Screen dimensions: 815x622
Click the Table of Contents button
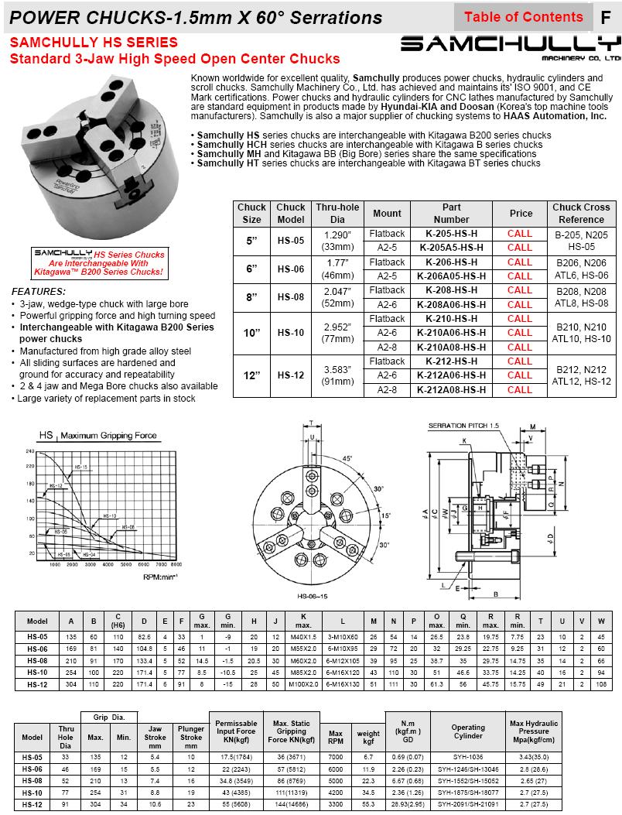523,17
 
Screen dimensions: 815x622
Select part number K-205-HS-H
451,233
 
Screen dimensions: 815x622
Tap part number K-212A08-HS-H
451,389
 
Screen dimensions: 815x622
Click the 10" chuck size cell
251,333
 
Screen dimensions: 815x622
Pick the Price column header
520,213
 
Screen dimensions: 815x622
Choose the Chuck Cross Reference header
581,213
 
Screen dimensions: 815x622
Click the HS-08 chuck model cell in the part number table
291,297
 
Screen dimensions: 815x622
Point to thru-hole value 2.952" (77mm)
337,333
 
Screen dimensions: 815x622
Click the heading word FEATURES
39,291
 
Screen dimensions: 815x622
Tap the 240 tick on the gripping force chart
31,450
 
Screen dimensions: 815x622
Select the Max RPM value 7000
336,755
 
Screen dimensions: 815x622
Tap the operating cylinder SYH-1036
468,755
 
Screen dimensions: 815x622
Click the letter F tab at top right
606,17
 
